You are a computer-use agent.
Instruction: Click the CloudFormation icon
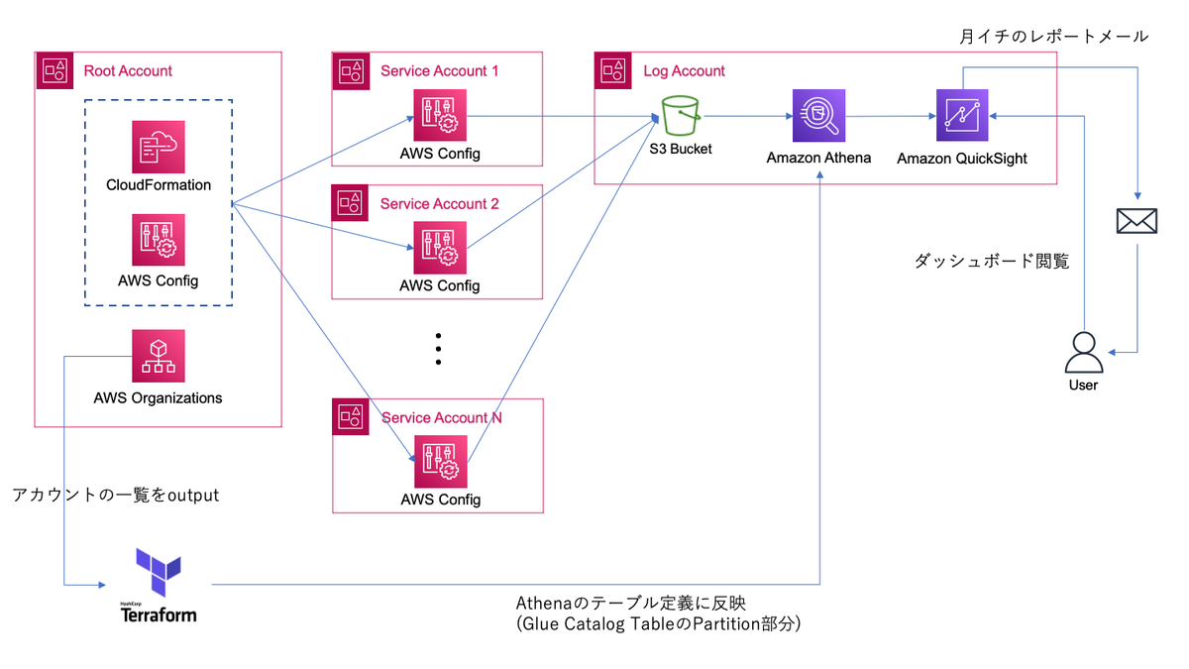tap(159, 147)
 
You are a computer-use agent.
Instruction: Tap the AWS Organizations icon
tap(159, 357)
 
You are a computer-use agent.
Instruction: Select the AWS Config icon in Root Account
tap(159, 241)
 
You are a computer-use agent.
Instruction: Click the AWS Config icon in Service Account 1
tap(440, 116)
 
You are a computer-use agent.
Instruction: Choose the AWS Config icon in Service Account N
tap(440, 461)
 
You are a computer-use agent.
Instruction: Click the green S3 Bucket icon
tap(682, 116)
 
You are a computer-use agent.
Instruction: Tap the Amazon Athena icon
tap(818, 116)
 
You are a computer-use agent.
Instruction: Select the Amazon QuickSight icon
tap(962, 116)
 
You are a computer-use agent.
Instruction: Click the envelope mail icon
tap(1135, 221)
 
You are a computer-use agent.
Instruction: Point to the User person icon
tap(1083, 352)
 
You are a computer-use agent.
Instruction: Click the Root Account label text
tap(128, 71)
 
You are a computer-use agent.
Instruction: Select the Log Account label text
tap(684, 71)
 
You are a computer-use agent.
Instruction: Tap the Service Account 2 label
tap(440, 203)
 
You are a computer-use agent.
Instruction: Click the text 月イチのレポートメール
tap(1053, 37)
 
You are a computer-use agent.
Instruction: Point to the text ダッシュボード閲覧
tap(991, 262)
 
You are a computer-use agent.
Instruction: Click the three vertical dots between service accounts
tap(438, 350)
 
